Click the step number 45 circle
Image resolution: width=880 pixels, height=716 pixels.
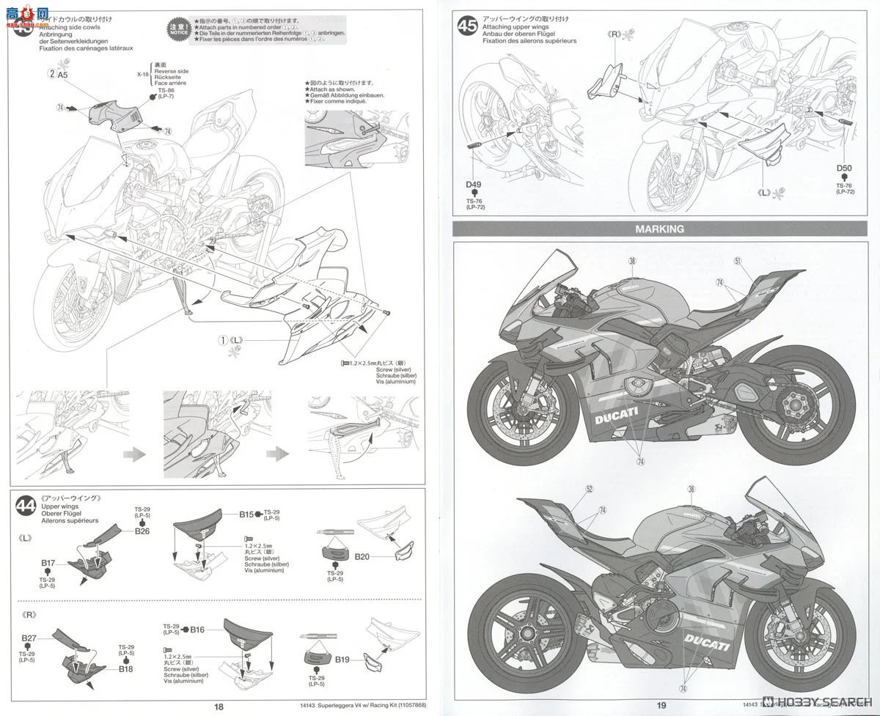(467, 26)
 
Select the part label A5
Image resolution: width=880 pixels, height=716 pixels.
(62, 74)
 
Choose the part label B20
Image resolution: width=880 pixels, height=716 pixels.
(362, 556)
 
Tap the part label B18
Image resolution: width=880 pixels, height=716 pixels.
(126, 668)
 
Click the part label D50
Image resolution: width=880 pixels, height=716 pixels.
(845, 168)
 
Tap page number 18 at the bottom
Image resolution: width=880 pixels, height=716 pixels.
(219, 706)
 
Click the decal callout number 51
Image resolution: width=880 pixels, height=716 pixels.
(737, 260)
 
